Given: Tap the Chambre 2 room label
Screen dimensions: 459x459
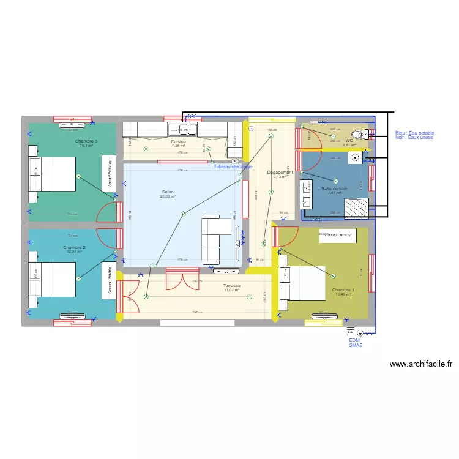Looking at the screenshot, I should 74,248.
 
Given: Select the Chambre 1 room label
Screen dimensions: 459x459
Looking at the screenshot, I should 343,290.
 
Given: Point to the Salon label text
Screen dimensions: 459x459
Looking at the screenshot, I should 168,192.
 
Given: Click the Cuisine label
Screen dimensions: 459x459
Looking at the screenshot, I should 178,141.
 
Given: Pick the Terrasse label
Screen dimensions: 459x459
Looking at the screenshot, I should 231,286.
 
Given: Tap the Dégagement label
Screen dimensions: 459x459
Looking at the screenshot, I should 280,173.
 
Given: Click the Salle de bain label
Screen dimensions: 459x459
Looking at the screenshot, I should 335,188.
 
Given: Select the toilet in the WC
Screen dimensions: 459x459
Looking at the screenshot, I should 364,135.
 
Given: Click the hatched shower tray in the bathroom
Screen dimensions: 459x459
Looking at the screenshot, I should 356,209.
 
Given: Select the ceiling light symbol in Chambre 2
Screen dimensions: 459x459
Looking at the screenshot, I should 78,278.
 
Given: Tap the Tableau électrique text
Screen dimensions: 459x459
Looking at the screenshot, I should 233,166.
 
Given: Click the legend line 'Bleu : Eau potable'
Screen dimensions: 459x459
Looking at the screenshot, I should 414,133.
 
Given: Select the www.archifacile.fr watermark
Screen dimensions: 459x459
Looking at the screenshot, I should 420,364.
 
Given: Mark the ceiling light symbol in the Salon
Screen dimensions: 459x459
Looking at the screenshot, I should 183,214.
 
